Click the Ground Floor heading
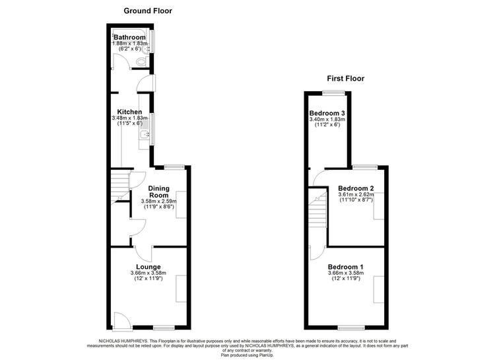click(148, 11)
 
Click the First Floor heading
click(345, 79)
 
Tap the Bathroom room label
click(129, 37)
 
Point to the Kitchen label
click(129, 112)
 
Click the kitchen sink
click(145, 135)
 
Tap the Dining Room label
click(159, 192)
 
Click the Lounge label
click(148, 267)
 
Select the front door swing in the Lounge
click(123, 321)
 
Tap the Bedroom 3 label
click(327, 113)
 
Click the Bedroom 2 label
click(356, 189)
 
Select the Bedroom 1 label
click(345, 267)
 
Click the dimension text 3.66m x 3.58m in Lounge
click(148, 273)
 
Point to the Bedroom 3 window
click(334, 93)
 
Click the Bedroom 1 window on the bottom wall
click(351, 328)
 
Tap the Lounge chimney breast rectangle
click(181, 289)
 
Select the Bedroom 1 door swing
click(317, 253)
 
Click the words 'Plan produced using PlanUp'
click(247, 355)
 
